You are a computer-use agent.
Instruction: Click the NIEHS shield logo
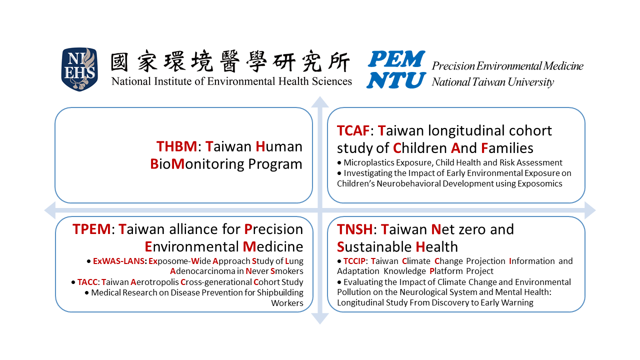pos(79,69)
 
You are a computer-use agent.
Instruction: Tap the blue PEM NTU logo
pos(396,69)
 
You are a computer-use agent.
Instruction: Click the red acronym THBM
pos(176,146)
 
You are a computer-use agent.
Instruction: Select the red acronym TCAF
pos(353,131)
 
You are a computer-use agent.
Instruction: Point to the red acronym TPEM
pos(91,229)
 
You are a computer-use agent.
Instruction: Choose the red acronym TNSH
pos(355,229)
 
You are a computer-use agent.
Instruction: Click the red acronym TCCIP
pos(354,261)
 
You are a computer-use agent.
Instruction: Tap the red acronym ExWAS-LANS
pos(118,261)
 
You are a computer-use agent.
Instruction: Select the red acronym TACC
pos(87,282)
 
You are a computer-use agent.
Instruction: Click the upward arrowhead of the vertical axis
pos(320,102)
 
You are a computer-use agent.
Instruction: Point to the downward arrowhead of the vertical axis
pos(320,318)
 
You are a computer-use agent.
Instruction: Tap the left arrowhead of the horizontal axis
pos(50,210)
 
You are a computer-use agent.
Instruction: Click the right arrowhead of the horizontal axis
pos(590,210)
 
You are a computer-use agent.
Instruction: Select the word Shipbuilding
pos(280,293)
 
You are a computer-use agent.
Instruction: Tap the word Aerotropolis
pos(154,282)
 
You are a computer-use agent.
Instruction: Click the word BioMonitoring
pos(197,164)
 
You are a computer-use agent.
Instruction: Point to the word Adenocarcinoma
pos(202,271)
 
